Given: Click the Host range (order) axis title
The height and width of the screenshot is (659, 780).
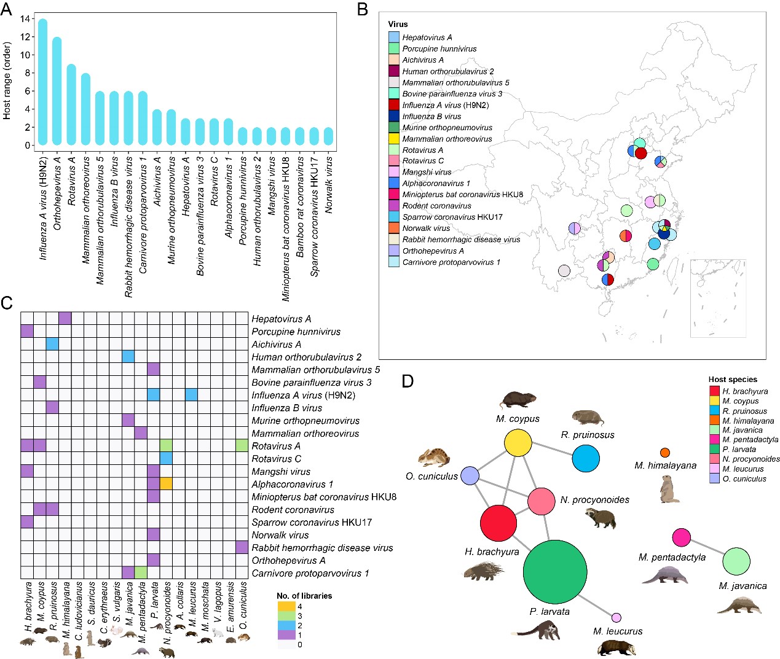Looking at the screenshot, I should pos(7,80).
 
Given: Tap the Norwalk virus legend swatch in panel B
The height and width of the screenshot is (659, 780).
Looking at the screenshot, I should pos(394,228).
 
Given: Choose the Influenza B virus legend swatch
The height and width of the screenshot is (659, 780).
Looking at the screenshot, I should pos(394,116).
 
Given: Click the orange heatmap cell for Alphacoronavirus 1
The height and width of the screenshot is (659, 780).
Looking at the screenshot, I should pos(166,484).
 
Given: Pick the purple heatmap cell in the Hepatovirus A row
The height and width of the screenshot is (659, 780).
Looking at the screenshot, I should pos(65,318).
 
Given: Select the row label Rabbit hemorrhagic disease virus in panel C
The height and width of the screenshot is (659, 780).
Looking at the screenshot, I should pos(322,548).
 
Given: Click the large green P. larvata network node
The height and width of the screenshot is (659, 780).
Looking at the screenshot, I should pos(554,571).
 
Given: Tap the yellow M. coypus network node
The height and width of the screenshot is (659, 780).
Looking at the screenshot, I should pos(518,443).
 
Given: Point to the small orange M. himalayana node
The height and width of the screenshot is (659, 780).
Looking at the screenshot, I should pos(664,453).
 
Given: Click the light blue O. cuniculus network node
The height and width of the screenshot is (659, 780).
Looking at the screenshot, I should pos(470,475).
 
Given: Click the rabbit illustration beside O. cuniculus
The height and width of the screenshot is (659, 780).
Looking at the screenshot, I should pos(433,458).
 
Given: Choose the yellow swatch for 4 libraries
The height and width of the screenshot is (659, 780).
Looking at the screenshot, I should pos(286,606).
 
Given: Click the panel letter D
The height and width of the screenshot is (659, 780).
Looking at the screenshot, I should pos(408,381).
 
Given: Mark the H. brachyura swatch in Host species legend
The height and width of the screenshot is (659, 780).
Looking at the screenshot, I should pos(714,391).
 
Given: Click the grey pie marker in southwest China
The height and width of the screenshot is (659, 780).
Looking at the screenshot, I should pos(564,270).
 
